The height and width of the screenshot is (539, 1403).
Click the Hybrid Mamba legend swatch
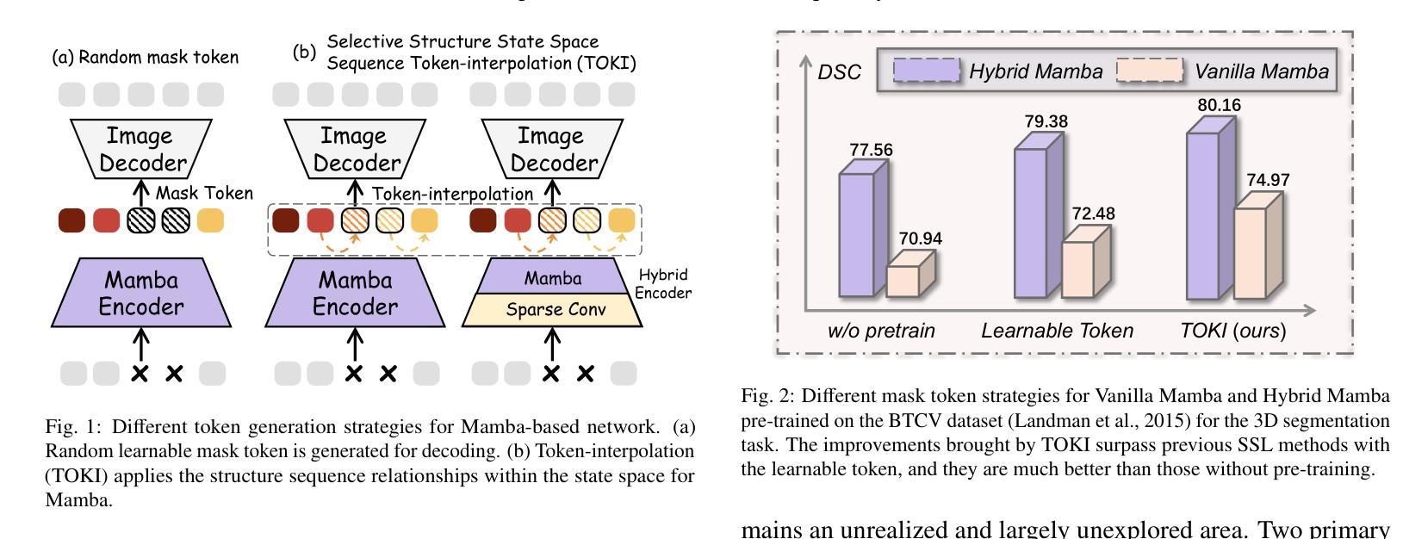926,71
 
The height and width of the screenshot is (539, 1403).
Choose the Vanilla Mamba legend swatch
1150,71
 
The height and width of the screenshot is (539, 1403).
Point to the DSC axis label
839,72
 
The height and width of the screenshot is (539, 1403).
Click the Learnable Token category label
1057,331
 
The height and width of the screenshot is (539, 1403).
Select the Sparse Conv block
552,309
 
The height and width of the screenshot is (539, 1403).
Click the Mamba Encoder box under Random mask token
141,294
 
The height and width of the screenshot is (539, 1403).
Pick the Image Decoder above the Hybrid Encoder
551,149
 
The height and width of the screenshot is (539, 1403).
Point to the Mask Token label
204,193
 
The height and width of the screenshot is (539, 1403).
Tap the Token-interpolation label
452,194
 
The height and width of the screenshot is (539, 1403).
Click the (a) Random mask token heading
146,58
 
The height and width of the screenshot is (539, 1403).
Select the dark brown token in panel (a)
71,220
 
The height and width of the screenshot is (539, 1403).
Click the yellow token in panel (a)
210,220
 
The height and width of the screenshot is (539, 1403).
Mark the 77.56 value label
871,150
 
